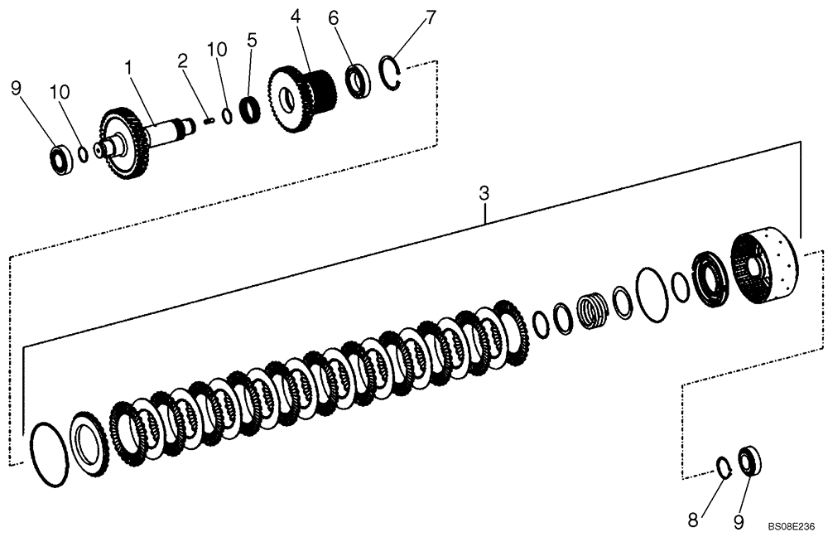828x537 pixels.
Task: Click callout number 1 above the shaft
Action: click(128, 65)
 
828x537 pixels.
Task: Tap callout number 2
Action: click(182, 60)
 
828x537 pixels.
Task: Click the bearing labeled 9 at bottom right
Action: click(749, 460)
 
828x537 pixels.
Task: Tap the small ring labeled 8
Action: click(723, 467)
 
